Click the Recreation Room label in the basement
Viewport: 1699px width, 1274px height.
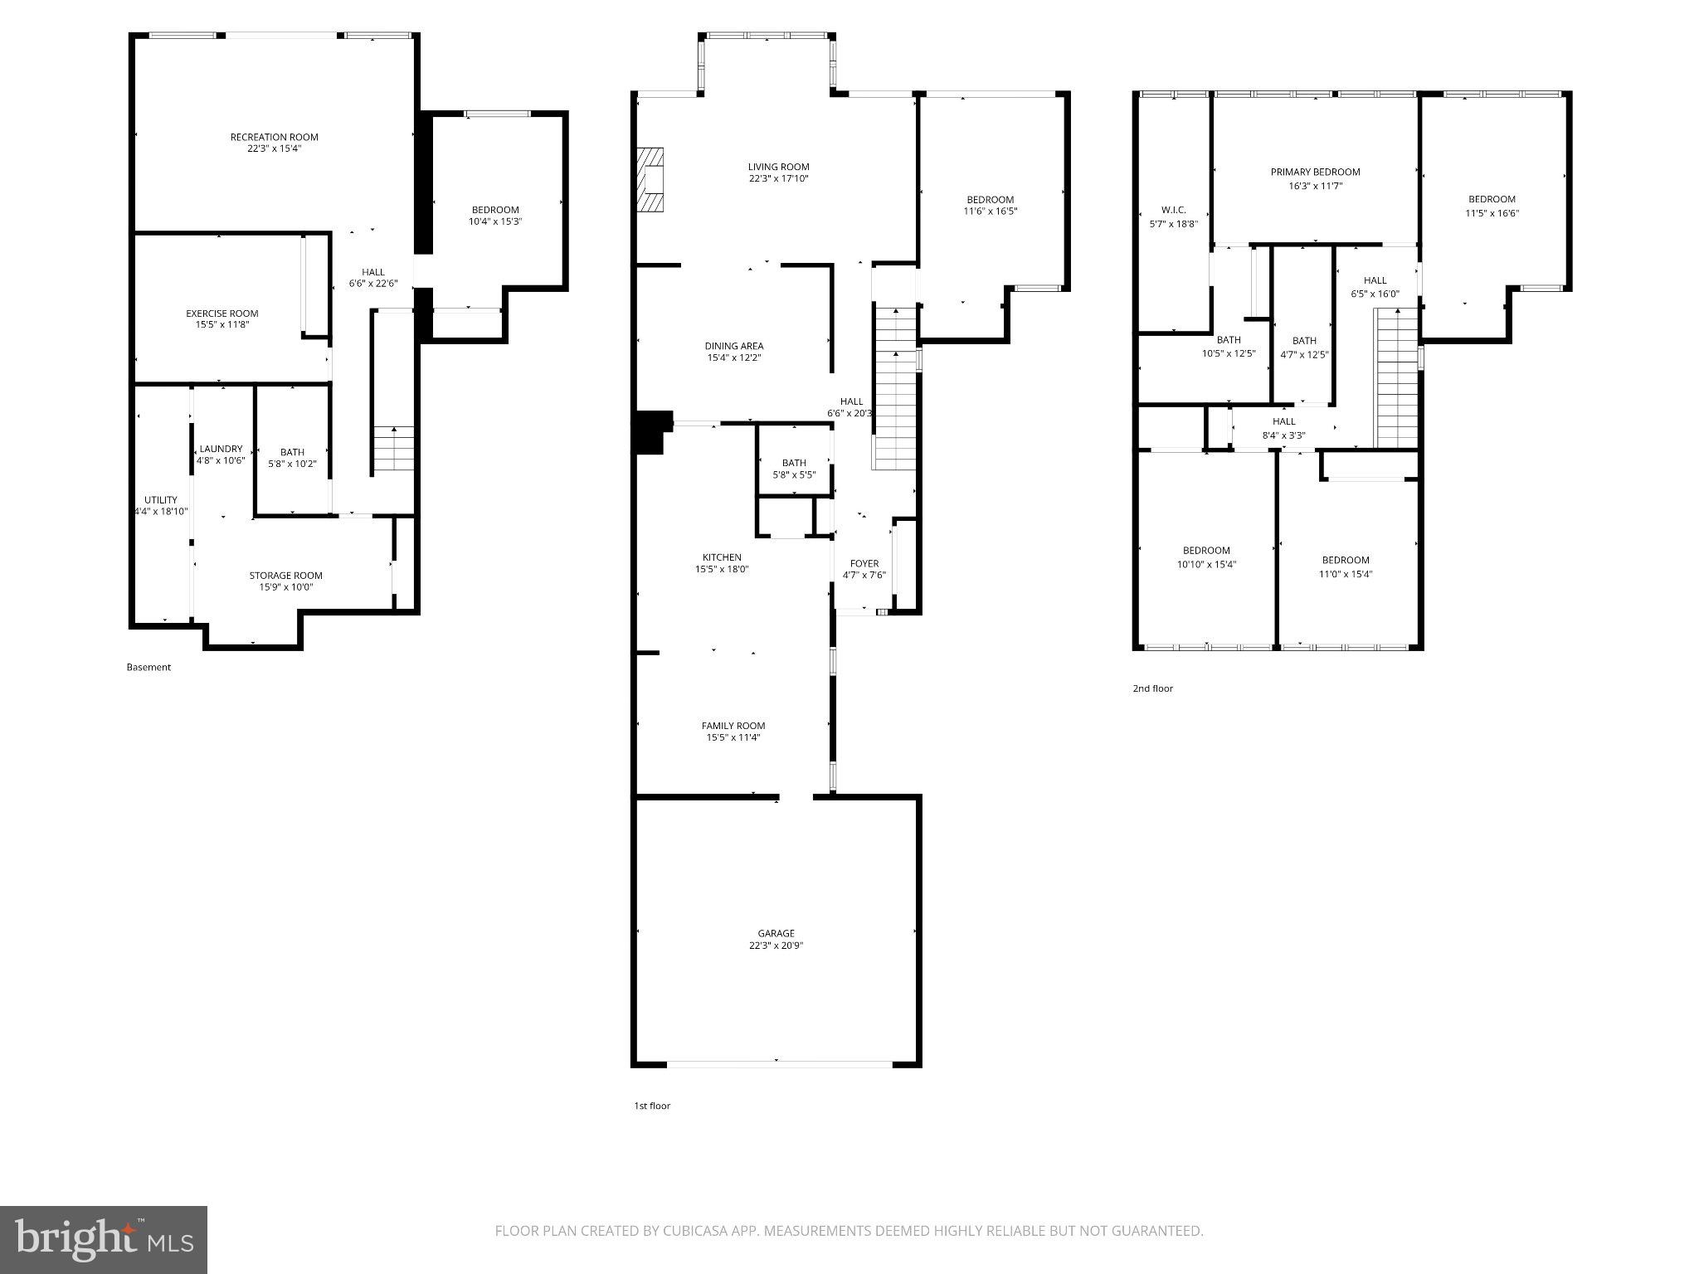(x=274, y=138)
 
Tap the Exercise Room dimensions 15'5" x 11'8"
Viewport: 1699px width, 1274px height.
(x=222, y=325)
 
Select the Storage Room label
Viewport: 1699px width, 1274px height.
(x=285, y=576)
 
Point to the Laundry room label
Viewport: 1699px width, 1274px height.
(x=221, y=449)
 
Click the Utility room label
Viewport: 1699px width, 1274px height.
(x=161, y=500)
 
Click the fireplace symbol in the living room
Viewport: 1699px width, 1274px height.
(x=651, y=179)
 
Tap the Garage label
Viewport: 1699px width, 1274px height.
(x=776, y=933)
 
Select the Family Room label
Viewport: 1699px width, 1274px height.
(x=733, y=726)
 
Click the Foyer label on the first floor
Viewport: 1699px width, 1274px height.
(x=864, y=564)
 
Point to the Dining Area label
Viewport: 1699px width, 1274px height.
(x=734, y=346)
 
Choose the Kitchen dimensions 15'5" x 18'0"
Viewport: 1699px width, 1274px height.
(x=722, y=570)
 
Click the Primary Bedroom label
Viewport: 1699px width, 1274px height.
(x=1315, y=173)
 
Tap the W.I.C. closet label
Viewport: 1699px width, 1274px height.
(x=1173, y=210)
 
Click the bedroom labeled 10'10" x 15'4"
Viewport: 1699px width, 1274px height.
(x=1206, y=557)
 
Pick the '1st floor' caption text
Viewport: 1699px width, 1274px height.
(x=652, y=1106)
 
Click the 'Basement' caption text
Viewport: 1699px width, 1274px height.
(x=148, y=667)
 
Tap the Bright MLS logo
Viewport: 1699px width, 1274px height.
(x=104, y=1239)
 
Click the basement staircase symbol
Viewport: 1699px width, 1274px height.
(x=393, y=448)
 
